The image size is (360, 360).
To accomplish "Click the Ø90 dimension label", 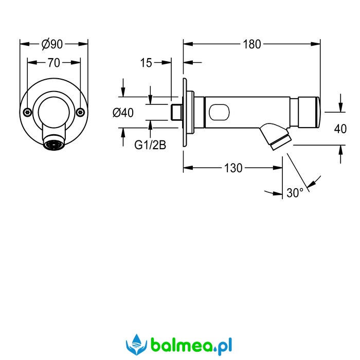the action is pos(52,44).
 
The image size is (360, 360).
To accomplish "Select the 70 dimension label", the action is pos(53,63).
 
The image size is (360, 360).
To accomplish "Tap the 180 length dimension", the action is pos(252,44).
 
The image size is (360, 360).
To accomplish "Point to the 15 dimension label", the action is pos(146,63).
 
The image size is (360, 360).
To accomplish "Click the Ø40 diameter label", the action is pos(123,113).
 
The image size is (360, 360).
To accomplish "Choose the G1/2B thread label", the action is pos(150,145).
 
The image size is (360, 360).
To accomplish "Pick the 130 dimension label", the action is pos(233,168).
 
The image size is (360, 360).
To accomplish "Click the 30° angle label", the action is pos(295,193).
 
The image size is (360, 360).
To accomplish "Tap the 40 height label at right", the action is pos(340,129).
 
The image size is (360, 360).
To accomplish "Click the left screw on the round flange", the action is pos(27,112).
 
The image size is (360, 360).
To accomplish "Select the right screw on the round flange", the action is pos(80,112).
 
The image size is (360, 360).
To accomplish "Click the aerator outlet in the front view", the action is pos(54,145).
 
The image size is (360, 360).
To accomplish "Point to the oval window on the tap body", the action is pos(219,112).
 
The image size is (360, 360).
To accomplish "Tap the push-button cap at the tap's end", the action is pos(309,112).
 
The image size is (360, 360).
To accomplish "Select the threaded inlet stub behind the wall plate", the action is pos(177,112).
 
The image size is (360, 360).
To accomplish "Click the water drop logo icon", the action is pos(136,345).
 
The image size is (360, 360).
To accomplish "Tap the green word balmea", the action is pos(182,345).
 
